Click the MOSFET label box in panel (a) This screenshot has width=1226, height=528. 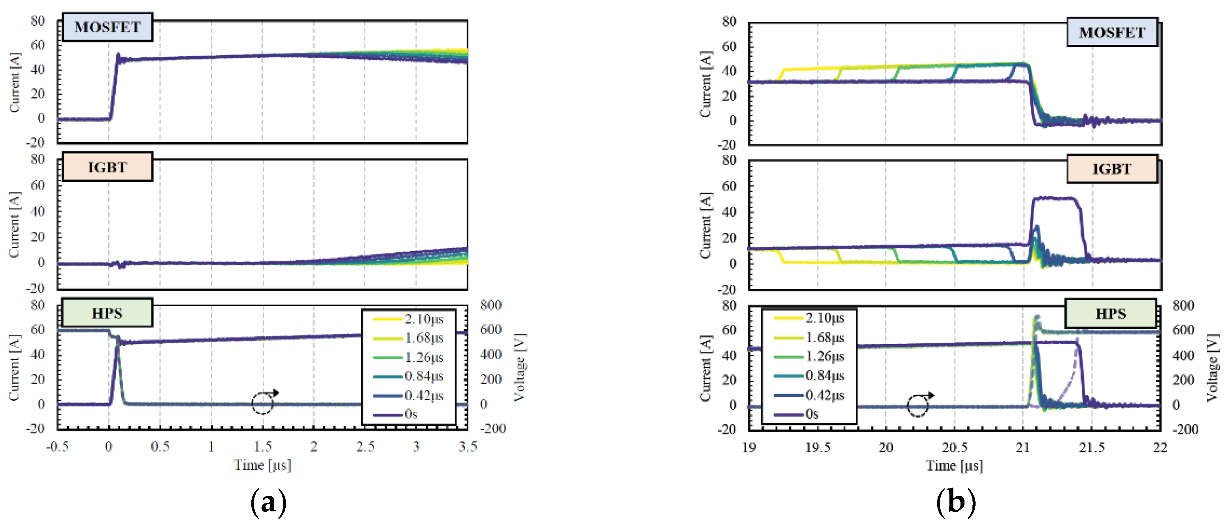tap(107, 27)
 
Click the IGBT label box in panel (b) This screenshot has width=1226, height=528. tap(1111, 169)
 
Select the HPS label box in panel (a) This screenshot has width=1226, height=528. tap(107, 313)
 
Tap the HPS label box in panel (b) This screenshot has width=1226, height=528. tap(1110, 313)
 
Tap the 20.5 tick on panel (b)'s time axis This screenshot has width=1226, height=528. tap(954, 448)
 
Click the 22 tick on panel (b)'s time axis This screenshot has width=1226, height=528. tap(1160, 448)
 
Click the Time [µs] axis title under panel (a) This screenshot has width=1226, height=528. tap(262, 465)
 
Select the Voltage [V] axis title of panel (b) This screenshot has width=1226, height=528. tap(1213, 368)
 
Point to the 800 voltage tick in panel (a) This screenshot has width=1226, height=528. tap(491, 305)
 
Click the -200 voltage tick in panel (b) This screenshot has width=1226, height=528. tap(1185, 429)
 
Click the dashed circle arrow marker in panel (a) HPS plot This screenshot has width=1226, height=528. tap(263, 403)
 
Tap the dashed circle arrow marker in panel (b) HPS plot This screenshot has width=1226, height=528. tap(918, 405)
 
